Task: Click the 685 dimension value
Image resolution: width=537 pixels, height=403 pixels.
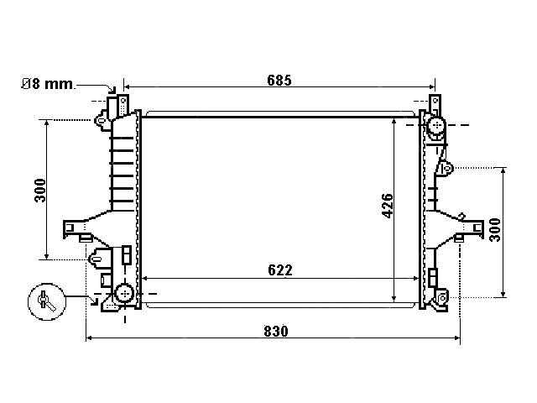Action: [x=279, y=81]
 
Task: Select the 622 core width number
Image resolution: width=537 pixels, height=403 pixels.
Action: [x=280, y=270]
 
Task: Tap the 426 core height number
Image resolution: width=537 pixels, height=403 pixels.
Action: [x=388, y=206]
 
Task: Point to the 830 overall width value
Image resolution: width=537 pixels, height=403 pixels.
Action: [x=276, y=332]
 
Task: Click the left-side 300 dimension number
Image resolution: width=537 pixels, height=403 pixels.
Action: [x=40, y=191]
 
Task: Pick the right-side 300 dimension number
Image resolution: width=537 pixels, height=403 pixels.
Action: [x=495, y=230]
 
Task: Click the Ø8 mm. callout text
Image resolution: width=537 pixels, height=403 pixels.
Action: [x=48, y=84]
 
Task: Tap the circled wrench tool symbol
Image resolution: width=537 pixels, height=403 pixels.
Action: [x=47, y=301]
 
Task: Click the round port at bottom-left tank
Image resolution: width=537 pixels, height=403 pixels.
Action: [x=124, y=293]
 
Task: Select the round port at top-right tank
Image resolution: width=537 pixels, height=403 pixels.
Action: [x=436, y=125]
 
